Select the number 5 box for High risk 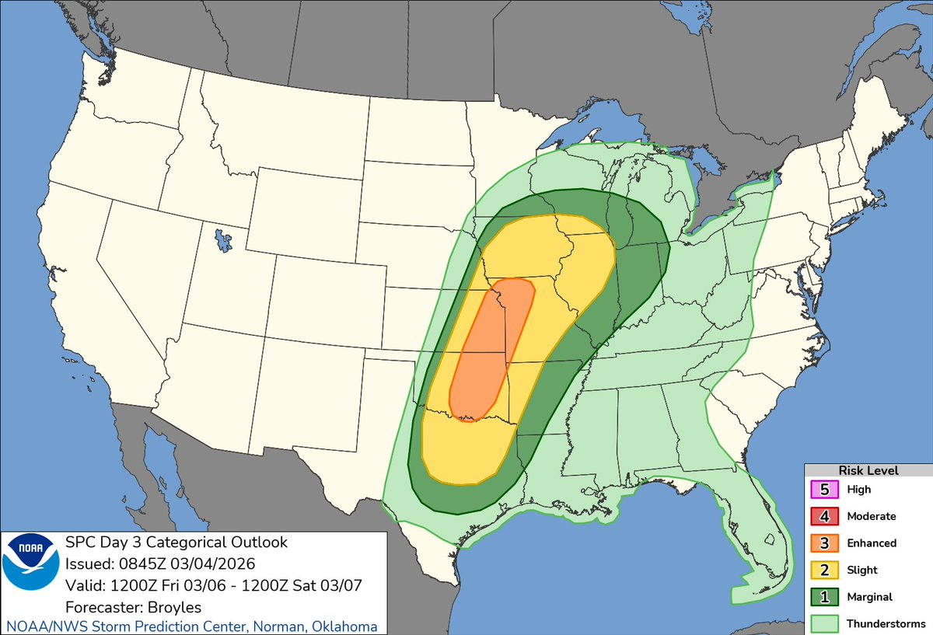coord(824,490)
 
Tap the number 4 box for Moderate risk coord(824,516)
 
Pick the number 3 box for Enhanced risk coord(824,543)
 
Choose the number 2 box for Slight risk coord(824,570)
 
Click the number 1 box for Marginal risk coord(824,597)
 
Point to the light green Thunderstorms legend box coord(824,623)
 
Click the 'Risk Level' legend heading coord(868,470)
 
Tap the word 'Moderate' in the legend coord(872,516)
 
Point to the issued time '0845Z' coord(133,563)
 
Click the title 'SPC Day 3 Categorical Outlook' coord(176,542)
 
